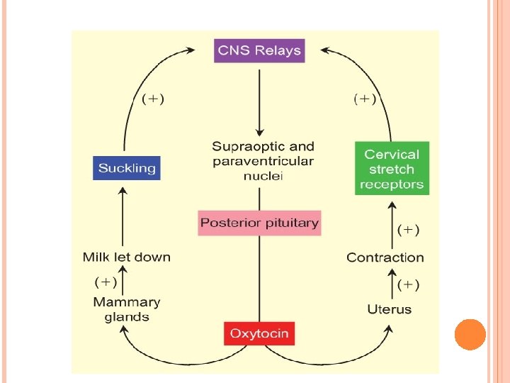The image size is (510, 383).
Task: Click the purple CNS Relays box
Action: coord(259,50)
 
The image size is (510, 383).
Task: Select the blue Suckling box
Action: coord(127,168)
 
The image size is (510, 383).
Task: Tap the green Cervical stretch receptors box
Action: coord(392,169)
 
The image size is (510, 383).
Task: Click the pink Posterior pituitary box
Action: coord(259,223)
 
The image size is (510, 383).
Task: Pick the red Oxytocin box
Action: coord(259,333)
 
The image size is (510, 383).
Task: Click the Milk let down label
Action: coord(127,257)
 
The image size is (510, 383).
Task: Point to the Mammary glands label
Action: coord(127,309)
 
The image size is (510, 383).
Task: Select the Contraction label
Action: coord(385,257)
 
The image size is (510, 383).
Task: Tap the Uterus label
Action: coord(389,309)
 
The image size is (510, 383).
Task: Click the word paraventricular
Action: coord(263,162)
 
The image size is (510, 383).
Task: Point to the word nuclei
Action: coord(263,176)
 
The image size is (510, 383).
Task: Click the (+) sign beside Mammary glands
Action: coord(106,282)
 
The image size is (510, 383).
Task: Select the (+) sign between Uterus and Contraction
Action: coord(409,285)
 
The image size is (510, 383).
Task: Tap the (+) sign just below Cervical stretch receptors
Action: coord(409,230)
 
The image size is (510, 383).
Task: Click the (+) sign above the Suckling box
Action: coord(153,99)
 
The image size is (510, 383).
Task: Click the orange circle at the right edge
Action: coord(470,334)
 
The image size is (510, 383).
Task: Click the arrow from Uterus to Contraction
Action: coord(391,285)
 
